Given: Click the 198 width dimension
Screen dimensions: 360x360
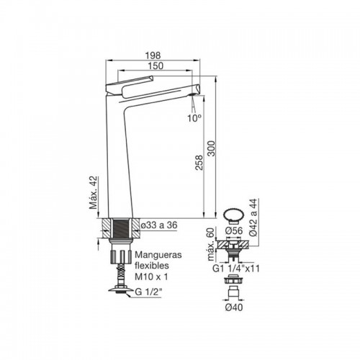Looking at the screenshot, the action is pos(153,55).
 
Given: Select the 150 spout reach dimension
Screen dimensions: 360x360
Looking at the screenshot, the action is pos(156,66).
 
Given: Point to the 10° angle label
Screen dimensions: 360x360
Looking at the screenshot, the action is pos(194,118).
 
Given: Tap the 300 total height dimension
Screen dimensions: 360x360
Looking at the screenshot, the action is pos(212,148).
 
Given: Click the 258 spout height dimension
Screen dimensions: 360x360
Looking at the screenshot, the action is pos(199,163).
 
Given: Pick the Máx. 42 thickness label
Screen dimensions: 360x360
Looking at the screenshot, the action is pos(94,193).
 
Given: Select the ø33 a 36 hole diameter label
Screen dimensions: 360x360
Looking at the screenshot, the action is pos(159,225).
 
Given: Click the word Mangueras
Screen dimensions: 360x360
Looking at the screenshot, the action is pos(158,255).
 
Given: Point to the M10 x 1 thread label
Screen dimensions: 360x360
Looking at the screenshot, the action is pos(151,276).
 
